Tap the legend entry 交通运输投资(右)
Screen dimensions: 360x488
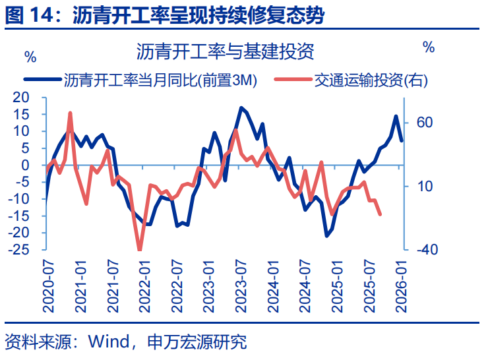tap(370, 81)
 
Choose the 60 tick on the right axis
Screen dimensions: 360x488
tap(424, 123)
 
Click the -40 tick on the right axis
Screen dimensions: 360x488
tap(426, 250)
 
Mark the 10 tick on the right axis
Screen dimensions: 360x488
tap(424, 187)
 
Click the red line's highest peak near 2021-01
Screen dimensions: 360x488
tap(70, 113)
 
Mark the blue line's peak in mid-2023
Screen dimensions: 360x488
tap(241, 107)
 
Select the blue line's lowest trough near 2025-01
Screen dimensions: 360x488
tap(326, 235)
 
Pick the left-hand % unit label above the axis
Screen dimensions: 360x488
tap(30, 56)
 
